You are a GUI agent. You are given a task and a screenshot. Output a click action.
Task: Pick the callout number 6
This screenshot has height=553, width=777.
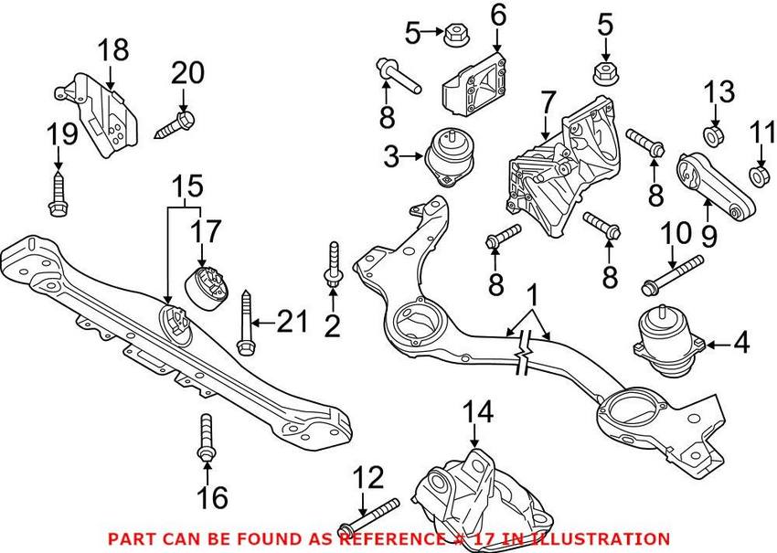click(498, 15)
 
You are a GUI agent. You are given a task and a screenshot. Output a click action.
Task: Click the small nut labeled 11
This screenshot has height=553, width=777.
click(758, 174)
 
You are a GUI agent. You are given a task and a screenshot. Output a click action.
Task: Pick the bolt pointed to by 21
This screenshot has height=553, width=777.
click(245, 322)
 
